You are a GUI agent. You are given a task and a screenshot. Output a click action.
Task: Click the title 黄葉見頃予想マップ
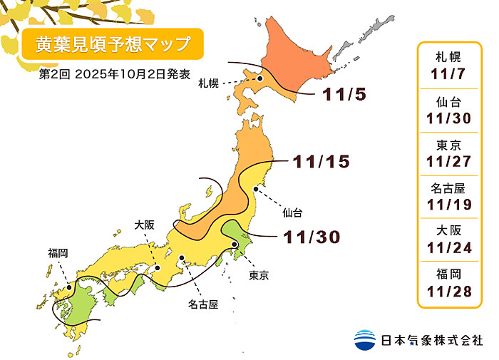click(107, 44)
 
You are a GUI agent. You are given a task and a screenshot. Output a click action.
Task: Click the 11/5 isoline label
click(347, 94)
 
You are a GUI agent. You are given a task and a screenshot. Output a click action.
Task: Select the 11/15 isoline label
click(321, 162)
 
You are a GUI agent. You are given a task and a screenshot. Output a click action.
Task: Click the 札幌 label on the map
click(208, 83)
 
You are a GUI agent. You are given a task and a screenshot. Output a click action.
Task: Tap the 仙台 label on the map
click(292, 212)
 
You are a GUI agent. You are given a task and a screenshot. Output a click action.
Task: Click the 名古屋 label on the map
click(203, 304)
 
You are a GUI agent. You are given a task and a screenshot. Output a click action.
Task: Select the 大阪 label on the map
click(144, 225)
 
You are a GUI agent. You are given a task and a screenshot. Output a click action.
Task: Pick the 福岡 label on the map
click(58, 253)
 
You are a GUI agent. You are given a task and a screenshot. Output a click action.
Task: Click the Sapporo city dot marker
click(261, 78)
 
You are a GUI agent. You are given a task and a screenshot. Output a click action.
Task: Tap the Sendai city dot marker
click(255, 189)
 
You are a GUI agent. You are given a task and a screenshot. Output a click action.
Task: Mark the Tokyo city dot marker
click(235, 245)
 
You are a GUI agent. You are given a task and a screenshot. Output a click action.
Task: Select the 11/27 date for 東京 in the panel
click(451, 160)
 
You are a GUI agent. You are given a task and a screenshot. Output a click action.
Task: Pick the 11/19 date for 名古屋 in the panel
click(451, 205)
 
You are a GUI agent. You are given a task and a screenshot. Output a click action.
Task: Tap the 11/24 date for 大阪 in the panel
click(451, 249)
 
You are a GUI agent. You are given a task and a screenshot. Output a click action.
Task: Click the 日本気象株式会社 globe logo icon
click(365, 339)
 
